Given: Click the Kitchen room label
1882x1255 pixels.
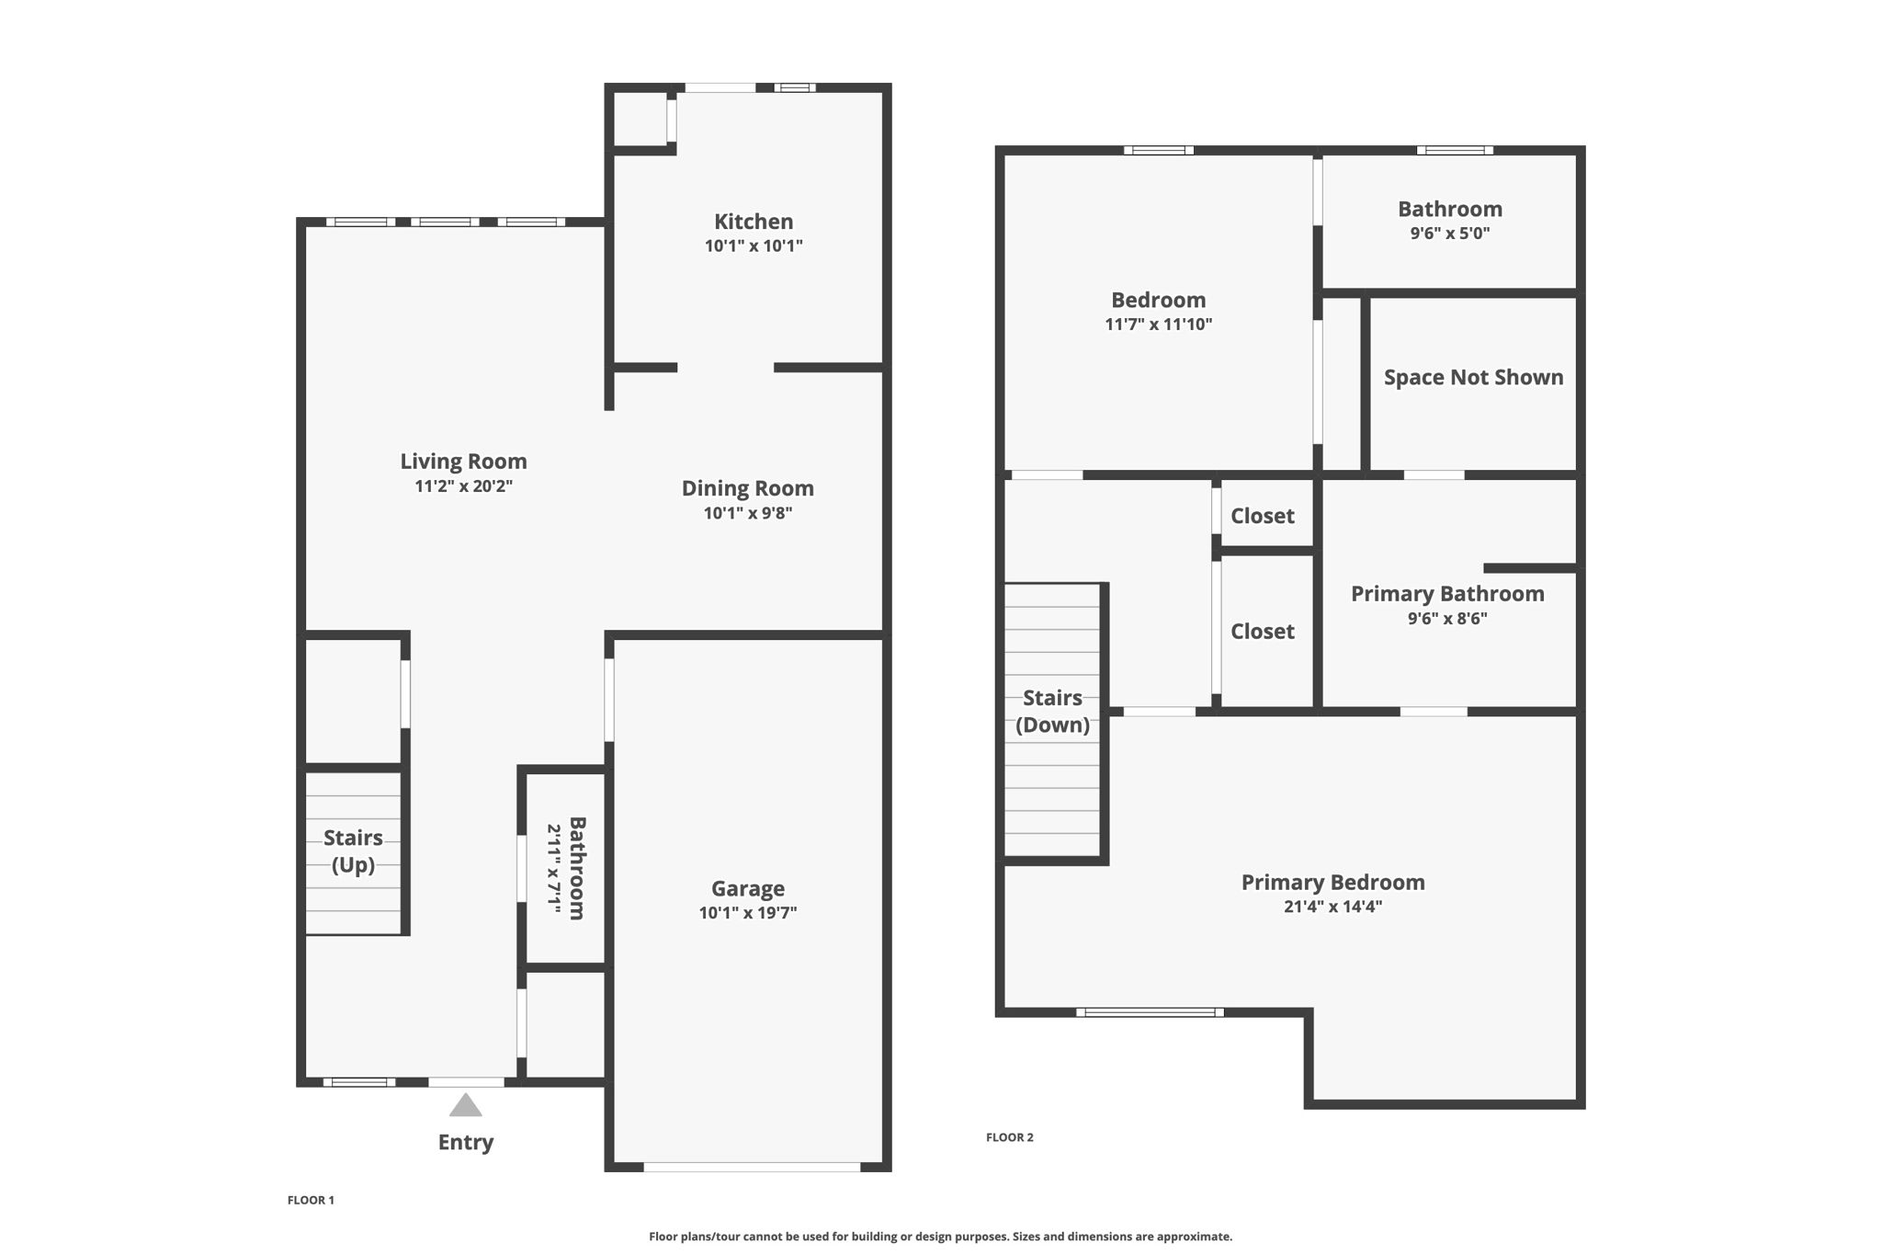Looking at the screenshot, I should [754, 222].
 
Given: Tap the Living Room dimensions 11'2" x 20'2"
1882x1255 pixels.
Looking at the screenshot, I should [463, 486].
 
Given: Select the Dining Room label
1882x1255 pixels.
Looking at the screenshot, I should [747, 488].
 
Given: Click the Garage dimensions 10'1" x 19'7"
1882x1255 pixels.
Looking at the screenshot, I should [747, 913].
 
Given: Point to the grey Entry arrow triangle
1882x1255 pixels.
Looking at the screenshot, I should [466, 1105].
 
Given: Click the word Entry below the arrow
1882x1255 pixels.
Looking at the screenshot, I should [466, 1142].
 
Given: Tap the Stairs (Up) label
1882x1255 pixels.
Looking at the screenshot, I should [353, 850].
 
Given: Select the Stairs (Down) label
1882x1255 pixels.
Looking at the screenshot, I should [1052, 711].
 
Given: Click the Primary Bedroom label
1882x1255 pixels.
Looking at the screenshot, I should [1332, 882].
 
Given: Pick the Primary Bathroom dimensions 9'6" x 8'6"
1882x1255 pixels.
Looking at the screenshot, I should [1447, 619].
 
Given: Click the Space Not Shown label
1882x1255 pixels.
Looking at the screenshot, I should [1473, 377].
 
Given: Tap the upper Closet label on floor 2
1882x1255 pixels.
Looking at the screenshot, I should [1262, 516].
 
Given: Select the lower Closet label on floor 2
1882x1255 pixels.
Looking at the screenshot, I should [1262, 632].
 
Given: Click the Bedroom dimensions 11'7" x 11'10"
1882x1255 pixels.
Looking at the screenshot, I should [1158, 325].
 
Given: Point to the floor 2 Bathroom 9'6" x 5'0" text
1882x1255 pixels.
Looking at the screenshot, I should [1450, 234].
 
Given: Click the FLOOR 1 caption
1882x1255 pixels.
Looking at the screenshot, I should [311, 1200].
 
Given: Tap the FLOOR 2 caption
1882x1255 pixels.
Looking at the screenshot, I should [1009, 1137].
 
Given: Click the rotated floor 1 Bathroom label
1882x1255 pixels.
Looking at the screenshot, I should [577, 868].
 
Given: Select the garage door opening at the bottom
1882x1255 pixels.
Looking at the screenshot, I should [752, 1167].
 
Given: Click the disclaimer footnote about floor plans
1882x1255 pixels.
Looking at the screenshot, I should [940, 1237].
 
